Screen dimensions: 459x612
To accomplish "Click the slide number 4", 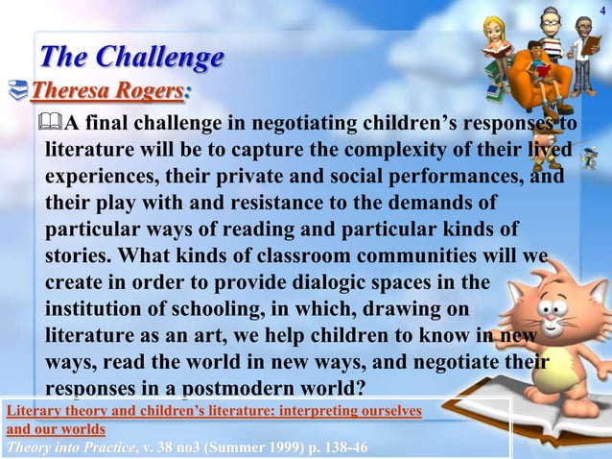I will pyautogui.click(x=601, y=11).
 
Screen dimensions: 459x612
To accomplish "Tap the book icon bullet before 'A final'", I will pyautogui.click(x=54, y=123).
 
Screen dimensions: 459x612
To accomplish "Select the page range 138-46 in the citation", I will pyautogui.click(x=354, y=447).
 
